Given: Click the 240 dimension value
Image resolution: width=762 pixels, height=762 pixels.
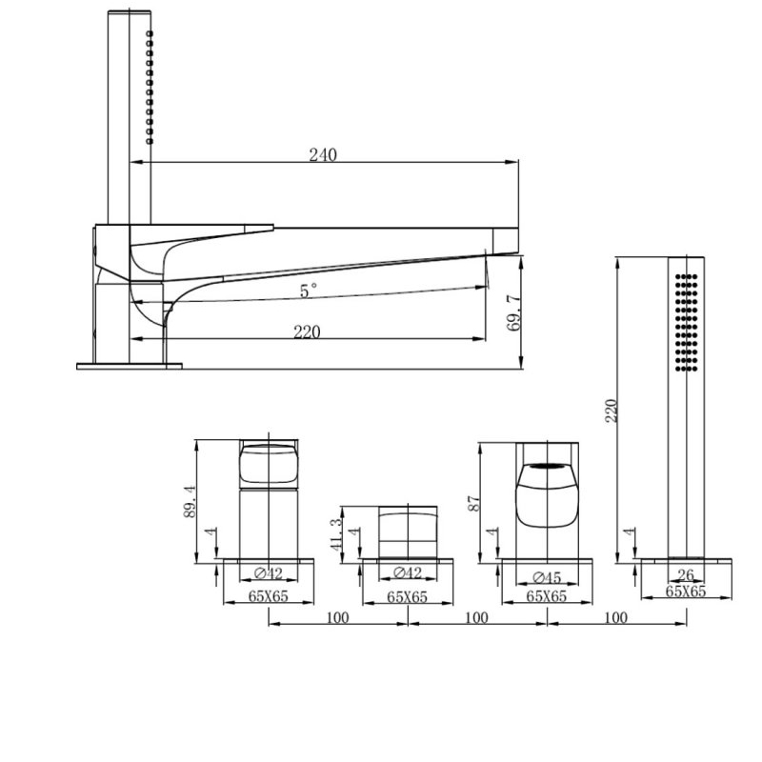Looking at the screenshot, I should (322, 155).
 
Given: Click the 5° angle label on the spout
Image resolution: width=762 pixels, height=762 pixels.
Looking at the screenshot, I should (308, 291).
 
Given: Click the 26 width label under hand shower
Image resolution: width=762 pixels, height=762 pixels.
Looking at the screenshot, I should (686, 574).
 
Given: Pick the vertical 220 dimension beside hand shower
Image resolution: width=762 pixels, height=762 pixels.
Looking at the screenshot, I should (612, 410).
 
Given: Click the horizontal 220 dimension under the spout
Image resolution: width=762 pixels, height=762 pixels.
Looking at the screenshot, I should (306, 331).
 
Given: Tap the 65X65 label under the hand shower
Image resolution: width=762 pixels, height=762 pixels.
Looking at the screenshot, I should (686, 591).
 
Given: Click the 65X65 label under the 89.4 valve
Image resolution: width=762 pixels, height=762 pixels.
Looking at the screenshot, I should (268, 596).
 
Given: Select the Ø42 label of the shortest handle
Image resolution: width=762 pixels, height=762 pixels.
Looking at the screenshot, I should (408, 573).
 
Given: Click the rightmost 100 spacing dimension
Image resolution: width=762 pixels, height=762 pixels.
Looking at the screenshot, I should (616, 617).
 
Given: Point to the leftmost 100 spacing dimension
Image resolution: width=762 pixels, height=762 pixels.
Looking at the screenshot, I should (337, 617).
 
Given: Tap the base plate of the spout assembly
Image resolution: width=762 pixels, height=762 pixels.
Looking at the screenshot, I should (129, 366).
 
